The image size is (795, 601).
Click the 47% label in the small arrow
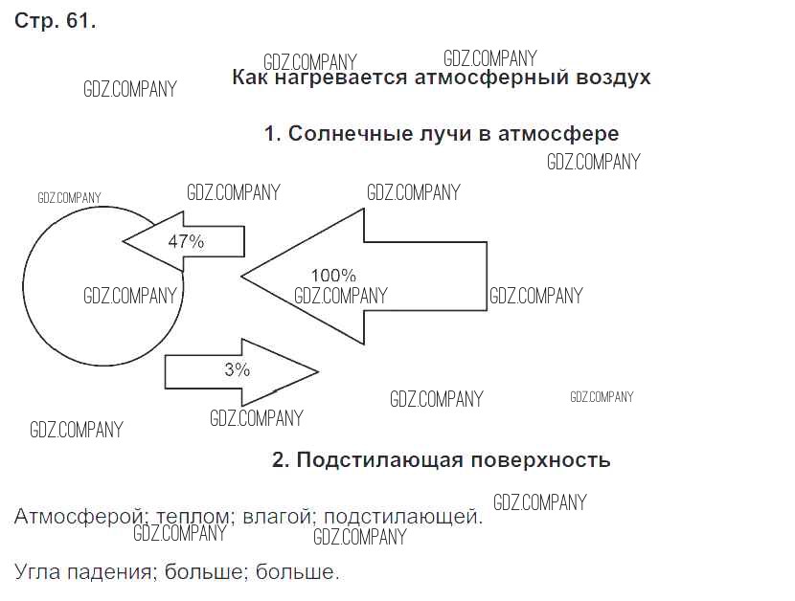coord(186,241)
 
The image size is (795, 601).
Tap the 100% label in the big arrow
coord(333,276)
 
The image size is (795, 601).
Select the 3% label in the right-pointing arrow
coord(237,368)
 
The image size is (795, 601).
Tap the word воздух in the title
coord(614,78)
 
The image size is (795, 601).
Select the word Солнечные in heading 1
coord(343,134)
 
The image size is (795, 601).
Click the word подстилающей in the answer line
coord(402,518)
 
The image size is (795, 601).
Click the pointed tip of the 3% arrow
coord(316,370)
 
